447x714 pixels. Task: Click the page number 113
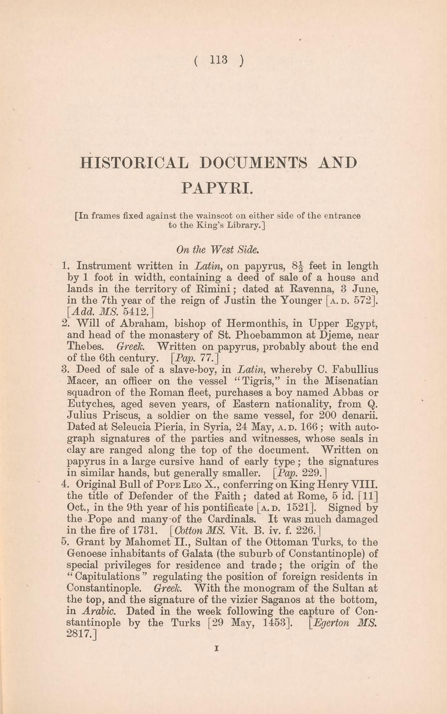pos(219,60)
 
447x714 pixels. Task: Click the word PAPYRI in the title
pos(217,187)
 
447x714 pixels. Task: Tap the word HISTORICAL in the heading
pos(133,163)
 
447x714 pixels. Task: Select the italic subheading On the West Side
pos(217,249)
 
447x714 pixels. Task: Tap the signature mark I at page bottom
pos(217,648)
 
